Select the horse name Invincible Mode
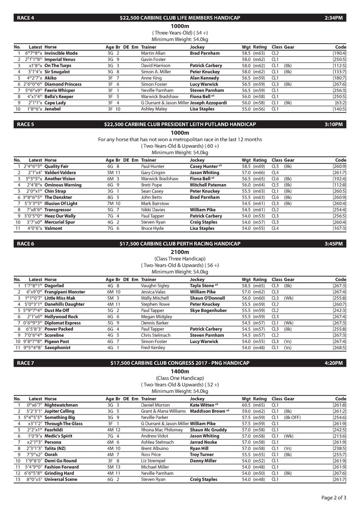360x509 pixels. (61, 53)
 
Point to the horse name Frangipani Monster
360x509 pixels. (65, 292)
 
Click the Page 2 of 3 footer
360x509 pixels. (334, 497)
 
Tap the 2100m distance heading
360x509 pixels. (180, 252)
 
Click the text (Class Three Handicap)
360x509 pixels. (180, 259)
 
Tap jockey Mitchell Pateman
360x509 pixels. (208, 185)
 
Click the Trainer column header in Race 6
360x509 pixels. (149, 280)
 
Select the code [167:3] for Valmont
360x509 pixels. (339, 228)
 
